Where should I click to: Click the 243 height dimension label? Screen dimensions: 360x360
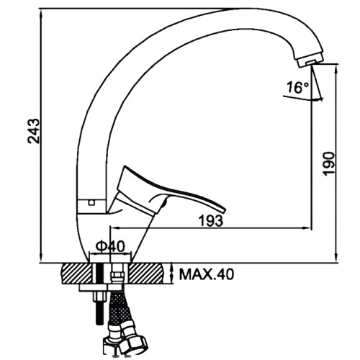point(33,131)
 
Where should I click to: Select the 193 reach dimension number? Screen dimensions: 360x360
point(212,220)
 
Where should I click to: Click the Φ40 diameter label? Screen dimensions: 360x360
point(110,246)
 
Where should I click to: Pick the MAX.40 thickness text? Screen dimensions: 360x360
point(207,274)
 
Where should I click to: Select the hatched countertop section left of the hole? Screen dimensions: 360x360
point(77,274)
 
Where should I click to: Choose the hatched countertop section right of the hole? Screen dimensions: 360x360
point(147,274)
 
